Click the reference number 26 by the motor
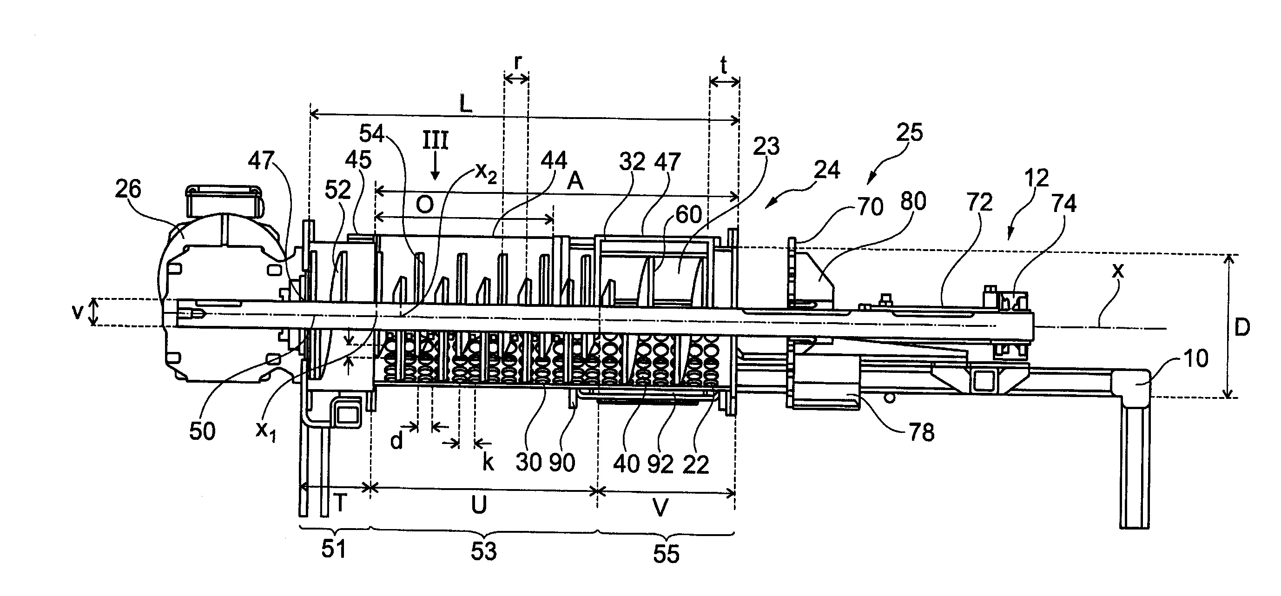click(128, 190)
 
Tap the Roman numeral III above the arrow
click(435, 140)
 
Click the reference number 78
click(921, 432)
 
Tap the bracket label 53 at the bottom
click(483, 552)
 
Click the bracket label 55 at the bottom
click(666, 554)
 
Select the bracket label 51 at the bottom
click(333, 549)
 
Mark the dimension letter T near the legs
click(340, 503)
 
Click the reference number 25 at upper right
click(910, 133)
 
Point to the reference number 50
click(202, 431)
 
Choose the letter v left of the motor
click(77, 312)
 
